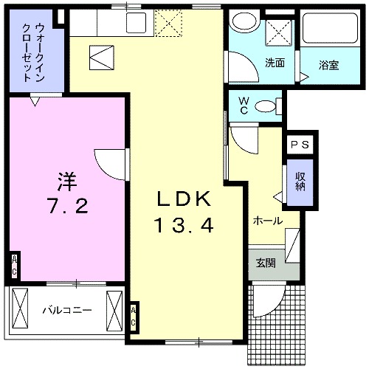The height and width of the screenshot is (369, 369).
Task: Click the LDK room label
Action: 185,199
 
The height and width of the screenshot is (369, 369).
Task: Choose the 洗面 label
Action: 275,62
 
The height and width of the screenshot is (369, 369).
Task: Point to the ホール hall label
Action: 267,220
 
